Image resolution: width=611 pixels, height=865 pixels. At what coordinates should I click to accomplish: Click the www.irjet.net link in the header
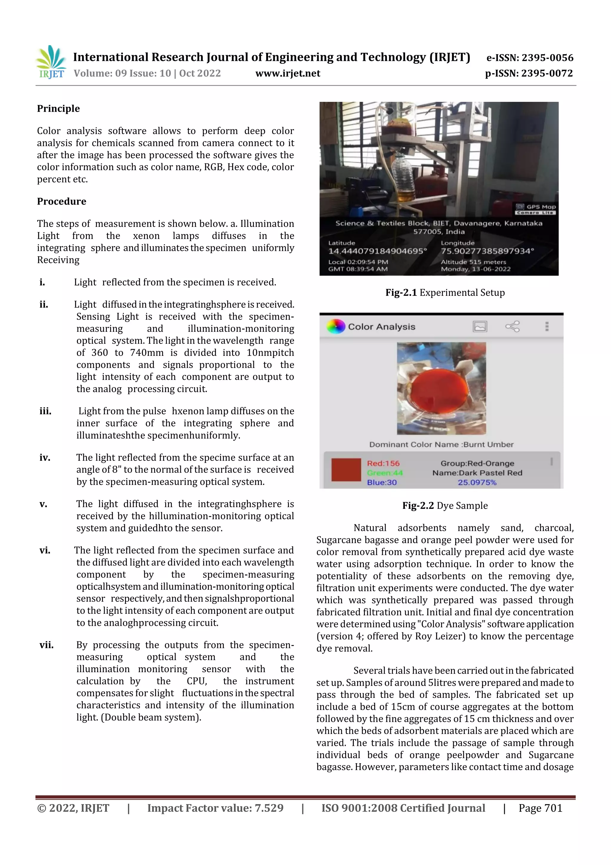click(288, 73)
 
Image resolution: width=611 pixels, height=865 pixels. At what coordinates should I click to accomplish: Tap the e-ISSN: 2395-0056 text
click(530, 58)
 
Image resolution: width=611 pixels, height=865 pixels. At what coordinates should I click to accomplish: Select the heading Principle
click(58, 108)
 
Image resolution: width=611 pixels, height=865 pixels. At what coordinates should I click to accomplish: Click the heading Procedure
click(61, 201)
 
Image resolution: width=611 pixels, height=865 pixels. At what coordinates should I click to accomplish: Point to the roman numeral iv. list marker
click(45, 457)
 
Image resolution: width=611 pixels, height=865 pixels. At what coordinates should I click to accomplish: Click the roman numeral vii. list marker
click(46, 645)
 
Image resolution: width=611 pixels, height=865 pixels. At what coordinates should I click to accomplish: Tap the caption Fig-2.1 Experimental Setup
click(445, 292)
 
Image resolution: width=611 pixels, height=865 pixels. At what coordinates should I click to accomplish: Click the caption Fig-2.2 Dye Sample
click(445, 505)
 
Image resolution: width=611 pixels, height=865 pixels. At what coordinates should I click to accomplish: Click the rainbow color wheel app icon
click(335, 326)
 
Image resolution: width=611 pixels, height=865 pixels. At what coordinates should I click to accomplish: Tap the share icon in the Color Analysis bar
click(512, 326)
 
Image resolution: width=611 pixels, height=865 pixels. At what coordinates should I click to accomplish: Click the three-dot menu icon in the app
click(547, 326)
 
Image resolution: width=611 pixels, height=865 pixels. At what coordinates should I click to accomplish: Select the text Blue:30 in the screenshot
click(382, 482)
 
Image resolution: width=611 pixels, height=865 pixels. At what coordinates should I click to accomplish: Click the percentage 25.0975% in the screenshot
click(477, 482)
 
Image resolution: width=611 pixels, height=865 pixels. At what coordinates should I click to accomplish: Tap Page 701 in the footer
click(540, 808)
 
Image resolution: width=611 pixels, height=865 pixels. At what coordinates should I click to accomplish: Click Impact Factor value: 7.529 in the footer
click(215, 808)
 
